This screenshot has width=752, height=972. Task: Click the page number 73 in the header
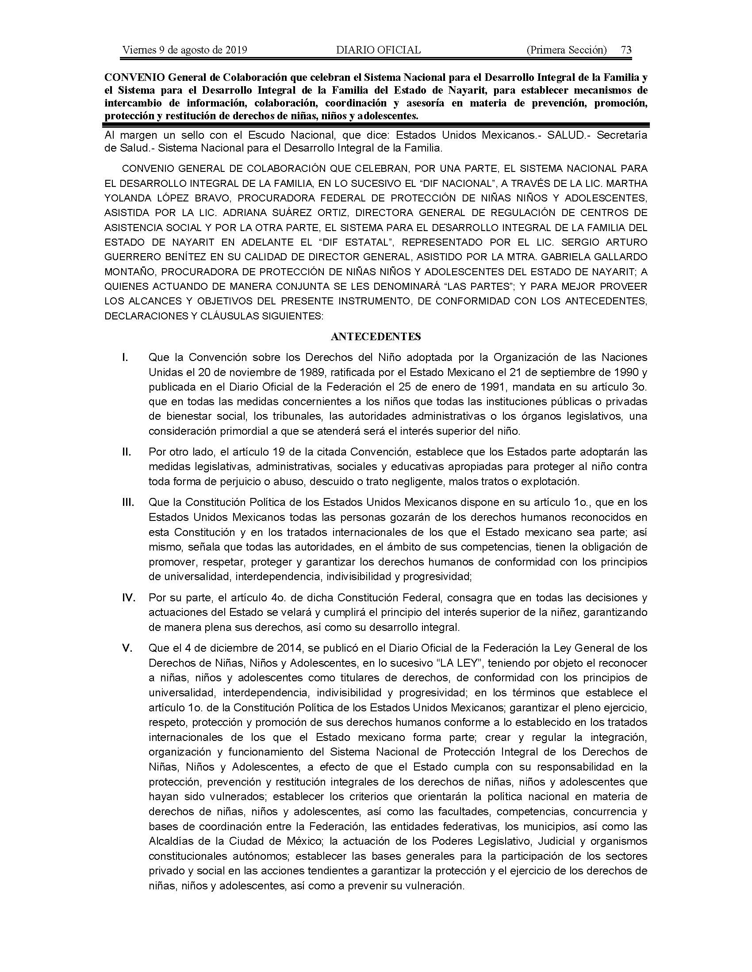[626, 50]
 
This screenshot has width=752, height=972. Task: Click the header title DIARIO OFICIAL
[378, 50]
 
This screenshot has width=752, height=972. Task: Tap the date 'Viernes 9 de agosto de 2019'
[184, 50]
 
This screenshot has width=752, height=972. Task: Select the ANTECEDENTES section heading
[376, 337]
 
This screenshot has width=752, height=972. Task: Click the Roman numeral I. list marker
[126, 357]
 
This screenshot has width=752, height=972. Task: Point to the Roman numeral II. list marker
[126, 452]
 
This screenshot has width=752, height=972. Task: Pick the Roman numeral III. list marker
[128, 502]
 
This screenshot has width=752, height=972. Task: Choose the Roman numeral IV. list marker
[129, 598]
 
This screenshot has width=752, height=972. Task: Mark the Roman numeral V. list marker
[127, 649]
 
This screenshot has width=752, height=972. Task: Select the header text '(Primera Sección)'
[566, 50]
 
